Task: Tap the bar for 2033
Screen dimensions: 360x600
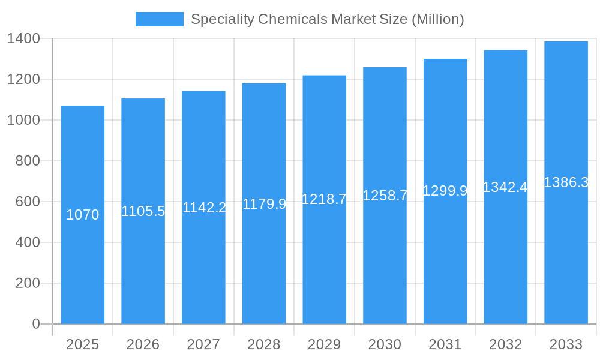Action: click(x=566, y=252)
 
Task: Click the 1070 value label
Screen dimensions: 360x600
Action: click(x=83, y=215)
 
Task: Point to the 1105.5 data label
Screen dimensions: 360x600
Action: click(x=143, y=211)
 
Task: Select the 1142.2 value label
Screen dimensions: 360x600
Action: click(x=204, y=208)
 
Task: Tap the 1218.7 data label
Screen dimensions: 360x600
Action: click(x=324, y=199)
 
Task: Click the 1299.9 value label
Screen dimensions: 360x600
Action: click(x=445, y=191)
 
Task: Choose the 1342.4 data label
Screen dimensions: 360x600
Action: click(x=505, y=187)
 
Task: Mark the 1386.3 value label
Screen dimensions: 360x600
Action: click(x=566, y=182)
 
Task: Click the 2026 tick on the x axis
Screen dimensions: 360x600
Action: click(x=143, y=344)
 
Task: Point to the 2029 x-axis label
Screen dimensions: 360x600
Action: click(x=324, y=344)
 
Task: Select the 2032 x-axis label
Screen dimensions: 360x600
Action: click(x=505, y=344)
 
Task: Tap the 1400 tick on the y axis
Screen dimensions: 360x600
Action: click(x=23, y=39)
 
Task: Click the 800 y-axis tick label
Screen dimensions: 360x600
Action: click(x=28, y=161)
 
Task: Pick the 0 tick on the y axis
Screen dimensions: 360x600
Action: click(x=36, y=324)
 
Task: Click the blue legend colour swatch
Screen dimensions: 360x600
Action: click(x=159, y=19)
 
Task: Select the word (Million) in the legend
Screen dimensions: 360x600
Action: click(x=437, y=19)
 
